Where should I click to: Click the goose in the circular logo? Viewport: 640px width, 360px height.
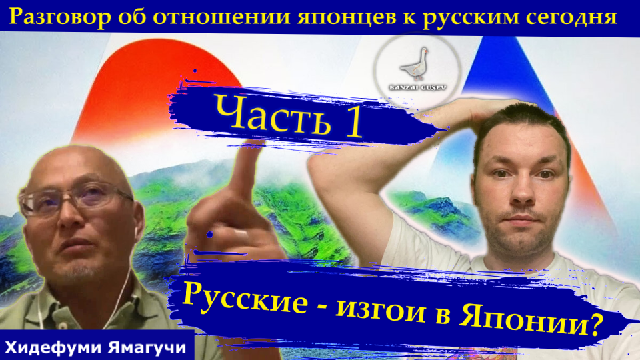pyautogui.click(x=416, y=63)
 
